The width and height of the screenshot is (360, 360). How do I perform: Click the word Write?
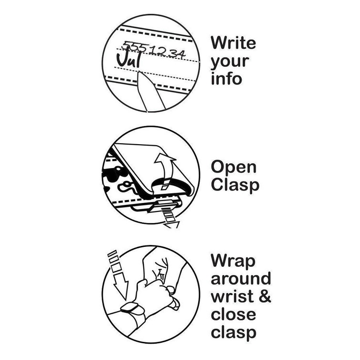click(233, 42)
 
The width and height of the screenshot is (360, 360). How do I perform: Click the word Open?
click(233, 168)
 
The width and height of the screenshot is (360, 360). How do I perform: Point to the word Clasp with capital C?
click(235, 186)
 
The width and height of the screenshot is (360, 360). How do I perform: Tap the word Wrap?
click(233, 262)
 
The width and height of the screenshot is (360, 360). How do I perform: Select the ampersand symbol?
click(265, 296)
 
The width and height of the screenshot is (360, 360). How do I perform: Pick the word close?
click(233, 314)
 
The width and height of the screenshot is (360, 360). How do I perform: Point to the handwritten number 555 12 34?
click(153, 50)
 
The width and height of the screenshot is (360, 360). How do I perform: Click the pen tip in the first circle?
click(139, 73)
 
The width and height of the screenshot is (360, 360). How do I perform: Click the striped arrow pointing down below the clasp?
click(170, 216)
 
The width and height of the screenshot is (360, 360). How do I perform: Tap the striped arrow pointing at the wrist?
click(118, 275)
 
